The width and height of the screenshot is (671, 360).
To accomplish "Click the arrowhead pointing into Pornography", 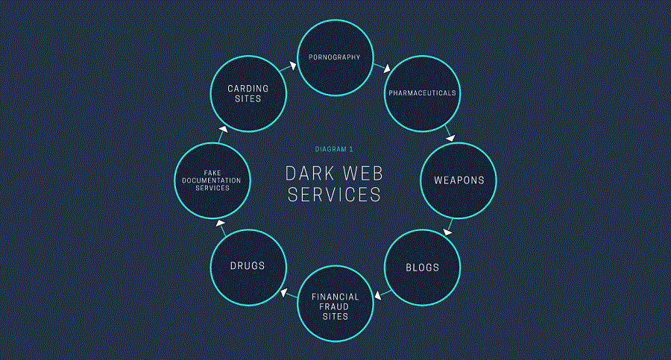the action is coord(293,66).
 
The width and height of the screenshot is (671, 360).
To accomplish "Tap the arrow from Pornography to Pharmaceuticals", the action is coord(382,68).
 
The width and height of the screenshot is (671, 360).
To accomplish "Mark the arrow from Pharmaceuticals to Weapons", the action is coord(450,133).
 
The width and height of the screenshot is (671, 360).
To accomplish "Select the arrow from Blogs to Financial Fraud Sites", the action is coord(382,294).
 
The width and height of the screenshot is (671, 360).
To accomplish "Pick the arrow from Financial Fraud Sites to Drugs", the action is coord(289,294).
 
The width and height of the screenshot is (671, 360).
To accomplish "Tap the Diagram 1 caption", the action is coord(334,149).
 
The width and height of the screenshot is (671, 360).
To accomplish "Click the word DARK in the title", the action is coord(310,174).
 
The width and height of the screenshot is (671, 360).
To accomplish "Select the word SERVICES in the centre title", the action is coord(334,195).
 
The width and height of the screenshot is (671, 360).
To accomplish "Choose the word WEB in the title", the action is coord(363,174).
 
